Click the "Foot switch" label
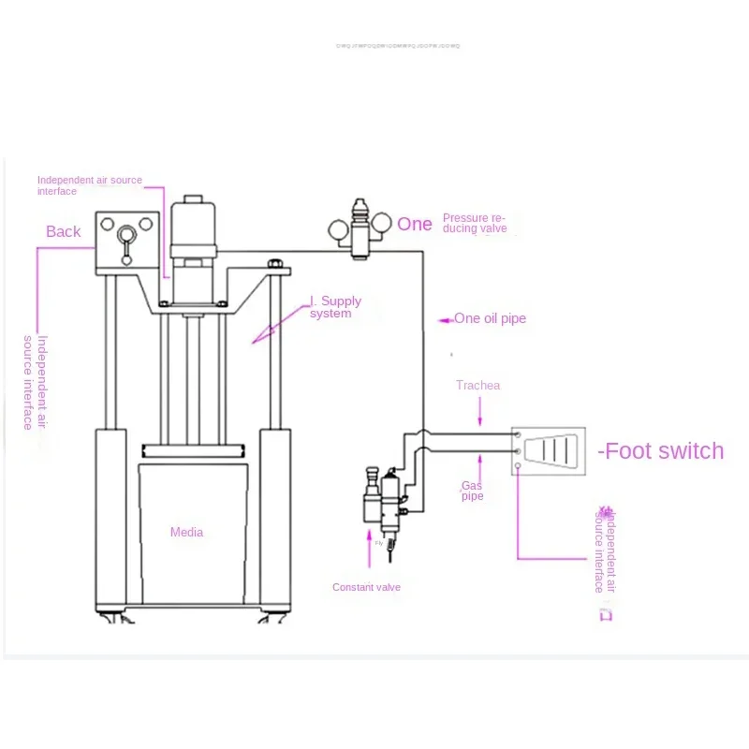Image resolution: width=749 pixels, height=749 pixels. [x=662, y=451]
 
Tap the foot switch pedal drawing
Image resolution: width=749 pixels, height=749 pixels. [x=548, y=450]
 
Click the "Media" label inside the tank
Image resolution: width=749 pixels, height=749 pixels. [x=186, y=533]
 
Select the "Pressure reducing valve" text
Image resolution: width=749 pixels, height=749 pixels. [x=480, y=223]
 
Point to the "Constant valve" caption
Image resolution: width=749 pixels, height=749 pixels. [x=366, y=587]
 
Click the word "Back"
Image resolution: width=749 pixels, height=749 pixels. [x=64, y=231]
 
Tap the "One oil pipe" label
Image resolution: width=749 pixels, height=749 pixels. [x=490, y=318]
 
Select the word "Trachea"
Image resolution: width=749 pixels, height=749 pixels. [x=477, y=385]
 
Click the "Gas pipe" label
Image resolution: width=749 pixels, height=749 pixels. [x=472, y=491]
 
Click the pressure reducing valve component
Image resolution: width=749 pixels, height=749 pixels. [x=359, y=228]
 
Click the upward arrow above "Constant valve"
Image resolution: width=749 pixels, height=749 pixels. [x=367, y=548]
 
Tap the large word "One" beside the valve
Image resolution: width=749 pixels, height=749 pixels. [x=415, y=224]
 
